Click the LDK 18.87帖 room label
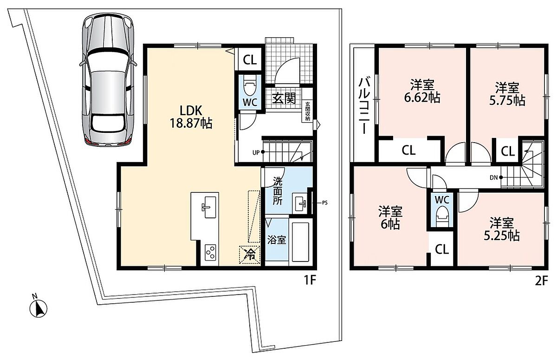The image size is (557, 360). [x=191, y=117]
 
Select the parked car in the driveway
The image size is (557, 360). [x=108, y=79]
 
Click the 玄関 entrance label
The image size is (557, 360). [x=284, y=98]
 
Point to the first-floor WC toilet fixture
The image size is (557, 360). [x=250, y=85]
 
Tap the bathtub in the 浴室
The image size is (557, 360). [x=300, y=242]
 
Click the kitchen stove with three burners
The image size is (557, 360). [x=210, y=252]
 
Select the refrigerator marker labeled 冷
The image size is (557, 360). [x=249, y=255]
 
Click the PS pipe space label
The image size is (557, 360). [x=325, y=203]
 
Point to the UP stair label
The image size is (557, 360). [x=256, y=152]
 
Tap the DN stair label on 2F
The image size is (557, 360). [x=493, y=177]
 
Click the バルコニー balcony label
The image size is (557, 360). [x=364, y=106]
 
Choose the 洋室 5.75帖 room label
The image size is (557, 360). [x=507, y=94]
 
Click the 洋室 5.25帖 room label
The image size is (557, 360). [x=502, y=229]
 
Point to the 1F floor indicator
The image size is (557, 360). [x=310, y=281]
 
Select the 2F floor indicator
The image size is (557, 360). [x=541, y=281]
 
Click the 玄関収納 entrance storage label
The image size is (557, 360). [x=308, y=111]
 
